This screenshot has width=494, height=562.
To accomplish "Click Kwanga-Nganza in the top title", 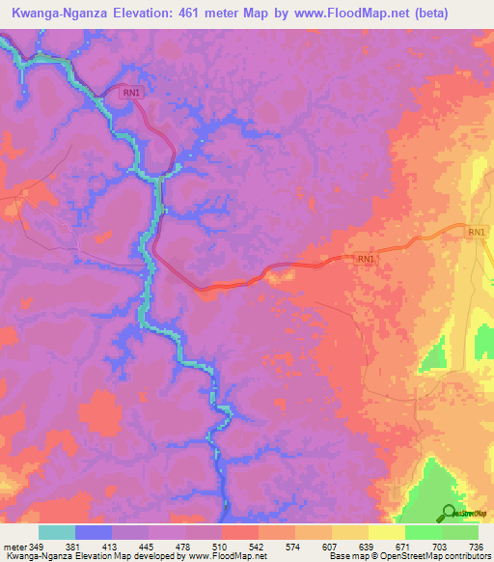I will click(x=67, y=13).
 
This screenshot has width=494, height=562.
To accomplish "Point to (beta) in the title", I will click(x=464, y=13).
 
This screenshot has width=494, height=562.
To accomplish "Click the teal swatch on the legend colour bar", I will click(x=57, y=532).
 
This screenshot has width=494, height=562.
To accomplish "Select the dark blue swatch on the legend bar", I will click(x=94, y=532).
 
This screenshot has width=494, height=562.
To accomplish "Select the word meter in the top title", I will click(x=264, y=13).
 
